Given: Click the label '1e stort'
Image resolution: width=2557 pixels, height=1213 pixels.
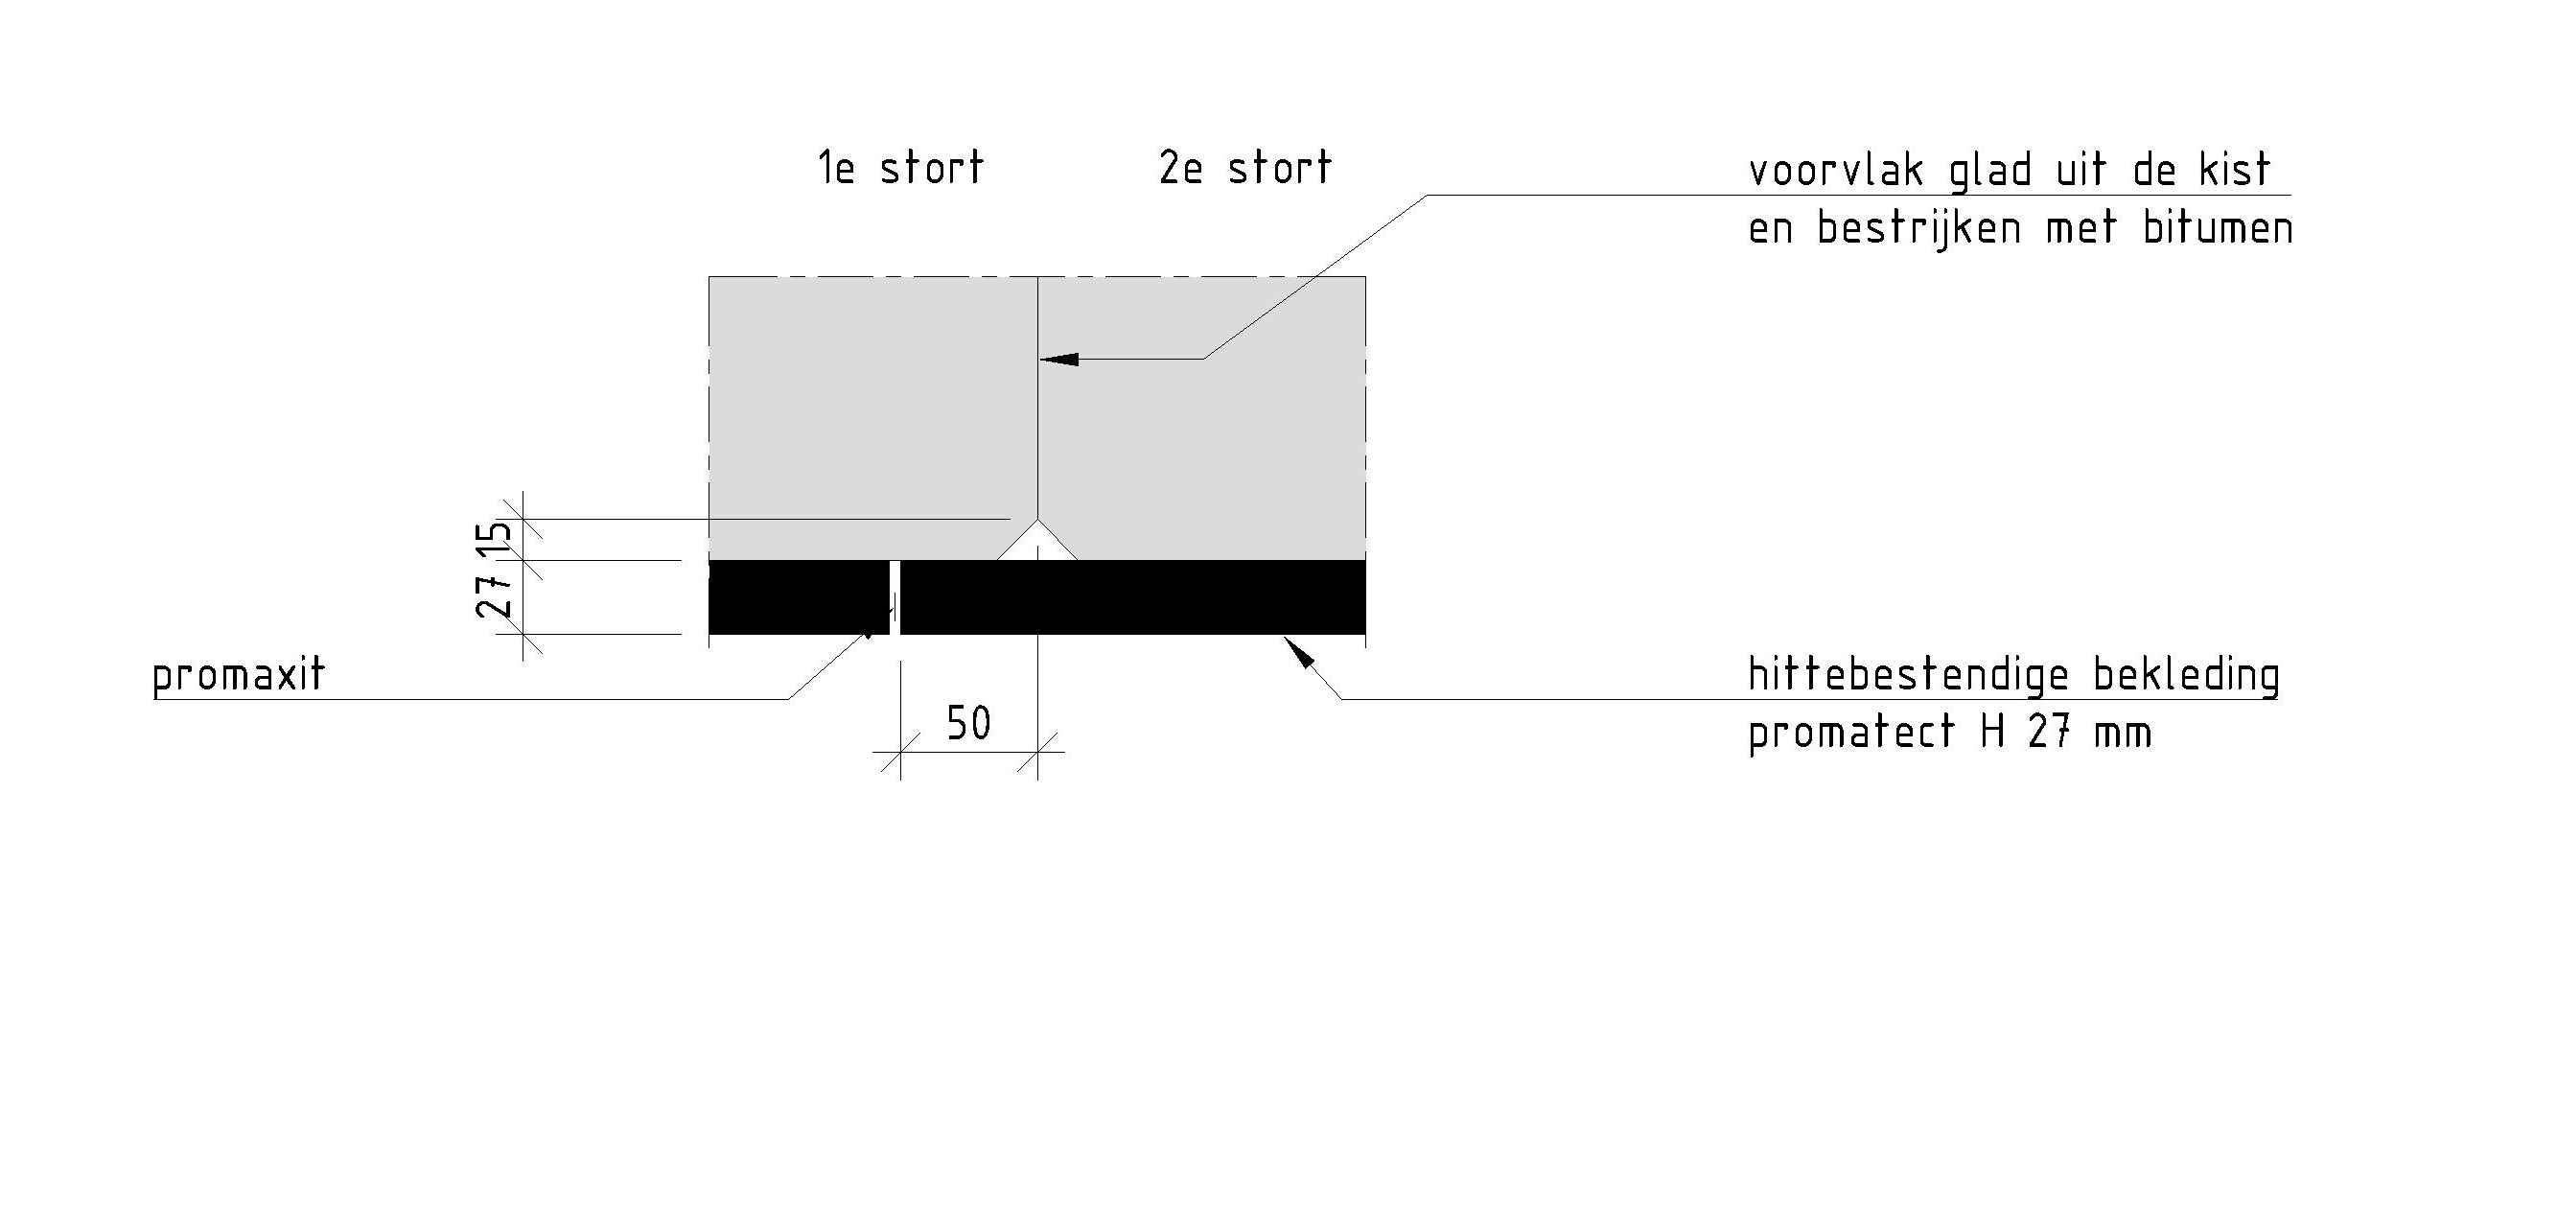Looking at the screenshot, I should click(900, 168).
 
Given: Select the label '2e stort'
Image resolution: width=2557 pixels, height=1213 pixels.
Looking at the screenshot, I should click(1244, 168).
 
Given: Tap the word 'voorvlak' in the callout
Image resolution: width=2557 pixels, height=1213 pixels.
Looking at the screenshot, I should click(1835, 171).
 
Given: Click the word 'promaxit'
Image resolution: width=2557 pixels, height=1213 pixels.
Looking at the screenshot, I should click(238, 677).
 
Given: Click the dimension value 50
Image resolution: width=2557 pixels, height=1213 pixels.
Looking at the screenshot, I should click(967, 724).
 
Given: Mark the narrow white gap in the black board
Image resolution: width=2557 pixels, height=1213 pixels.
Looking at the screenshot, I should click(895, 596).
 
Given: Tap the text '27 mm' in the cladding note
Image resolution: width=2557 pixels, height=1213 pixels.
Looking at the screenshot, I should click(2089, 735).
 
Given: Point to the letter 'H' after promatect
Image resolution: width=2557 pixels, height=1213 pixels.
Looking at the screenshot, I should click(1993, 734).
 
